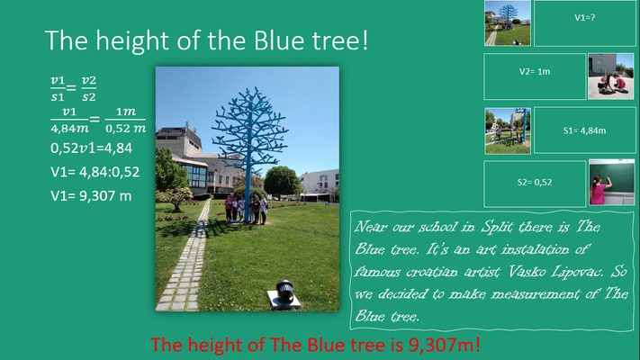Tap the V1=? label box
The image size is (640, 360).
click(x=584, y=23)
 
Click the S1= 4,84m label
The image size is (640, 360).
click(x=584, y=130)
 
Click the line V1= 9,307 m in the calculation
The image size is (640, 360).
click(x=91, y=196)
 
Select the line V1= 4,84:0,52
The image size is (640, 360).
click(x=95, y=172)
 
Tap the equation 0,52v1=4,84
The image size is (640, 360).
click(x=92, y=148)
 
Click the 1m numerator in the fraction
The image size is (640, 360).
click(x=126, y=112)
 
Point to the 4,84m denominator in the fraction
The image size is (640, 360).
click(x=70, y=128)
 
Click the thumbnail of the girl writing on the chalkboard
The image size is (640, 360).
click(x=611, y=183)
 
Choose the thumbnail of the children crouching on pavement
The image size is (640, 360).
click(x=610, y=76)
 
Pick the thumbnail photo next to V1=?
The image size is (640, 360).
click(x=508, y=22)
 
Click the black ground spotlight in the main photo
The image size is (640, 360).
click(x=285, y=291)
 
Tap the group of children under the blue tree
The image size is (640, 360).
click(x=247, y=208)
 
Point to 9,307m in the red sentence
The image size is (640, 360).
click(x=444, y=346)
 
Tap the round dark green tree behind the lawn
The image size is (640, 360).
click(x=283, y=181)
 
